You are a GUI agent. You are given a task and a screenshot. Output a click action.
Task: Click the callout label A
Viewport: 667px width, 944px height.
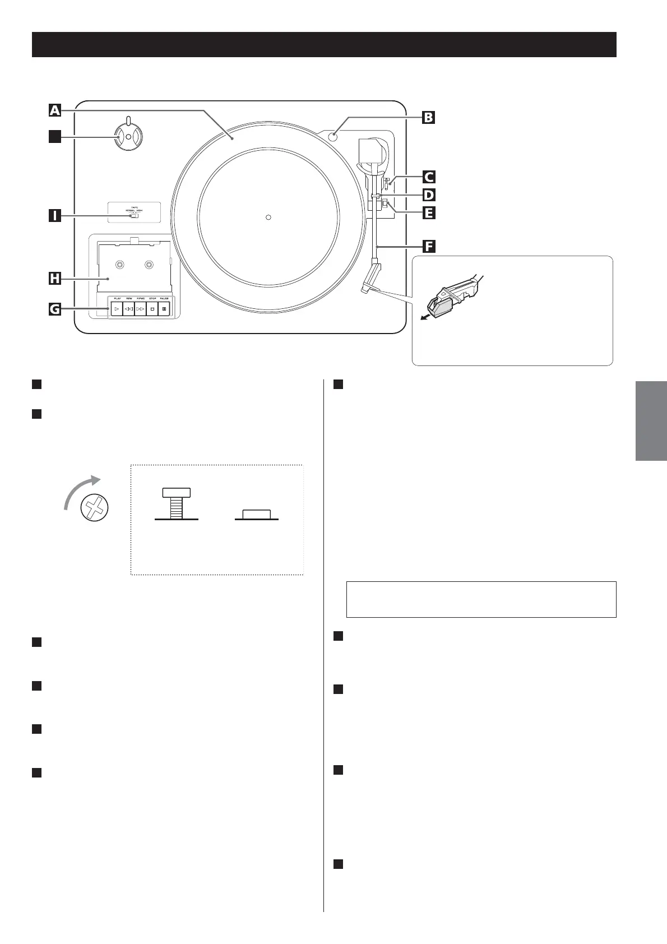tap(54, 110)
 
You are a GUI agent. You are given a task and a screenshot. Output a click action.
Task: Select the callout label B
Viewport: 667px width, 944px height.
tap(428, 118)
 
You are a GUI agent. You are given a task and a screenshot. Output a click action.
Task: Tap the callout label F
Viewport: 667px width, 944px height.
tap(429, 247)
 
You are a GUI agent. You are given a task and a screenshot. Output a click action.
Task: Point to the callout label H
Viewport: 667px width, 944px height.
tap(54, 277)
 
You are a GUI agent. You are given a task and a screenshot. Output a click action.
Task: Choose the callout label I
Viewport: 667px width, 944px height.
tap(54, 215)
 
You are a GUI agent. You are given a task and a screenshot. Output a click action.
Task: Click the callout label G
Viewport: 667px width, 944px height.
tap(54, 308)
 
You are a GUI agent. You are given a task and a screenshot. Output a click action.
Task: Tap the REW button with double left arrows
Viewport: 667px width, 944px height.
tap(128, 309)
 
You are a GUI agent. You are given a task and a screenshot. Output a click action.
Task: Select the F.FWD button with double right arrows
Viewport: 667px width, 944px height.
tap(140, 309)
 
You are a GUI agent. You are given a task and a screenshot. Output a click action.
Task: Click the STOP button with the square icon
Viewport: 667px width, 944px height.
tap(152, 309)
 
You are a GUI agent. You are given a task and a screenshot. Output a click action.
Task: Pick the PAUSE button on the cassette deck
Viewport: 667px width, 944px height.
tap(164, 309)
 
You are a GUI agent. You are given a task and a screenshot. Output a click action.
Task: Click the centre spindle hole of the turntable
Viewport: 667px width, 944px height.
tap(268, 217)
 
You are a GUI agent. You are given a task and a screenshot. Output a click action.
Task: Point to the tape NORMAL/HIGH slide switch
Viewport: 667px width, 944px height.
tap(134, 216)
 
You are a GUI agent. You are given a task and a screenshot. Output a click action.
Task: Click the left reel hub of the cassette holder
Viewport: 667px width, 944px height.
tap(119, 265)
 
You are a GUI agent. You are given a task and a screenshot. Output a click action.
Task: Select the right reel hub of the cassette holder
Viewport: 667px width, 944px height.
tap(149, 265)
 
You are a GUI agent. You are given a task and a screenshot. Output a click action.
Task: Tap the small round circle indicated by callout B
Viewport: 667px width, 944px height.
tap(334, 135)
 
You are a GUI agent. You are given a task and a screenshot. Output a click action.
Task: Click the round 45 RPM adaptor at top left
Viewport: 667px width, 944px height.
tap(128, 137)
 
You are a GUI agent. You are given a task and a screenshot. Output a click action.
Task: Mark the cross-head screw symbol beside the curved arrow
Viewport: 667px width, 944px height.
tap(94, 508)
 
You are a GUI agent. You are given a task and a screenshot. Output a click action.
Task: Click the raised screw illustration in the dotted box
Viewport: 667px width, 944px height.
tap(176, 503)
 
